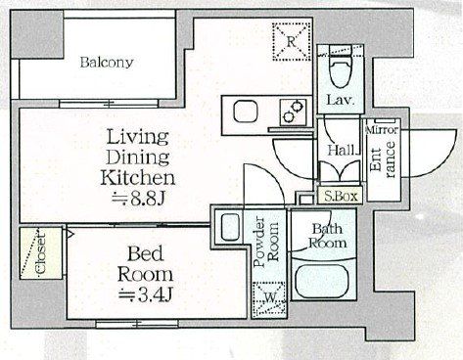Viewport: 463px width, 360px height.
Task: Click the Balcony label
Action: point(107,62)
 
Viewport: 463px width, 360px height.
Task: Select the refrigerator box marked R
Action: point(292,41)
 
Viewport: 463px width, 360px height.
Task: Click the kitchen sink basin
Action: point(246,112)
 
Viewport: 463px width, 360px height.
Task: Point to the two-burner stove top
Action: point(293,112)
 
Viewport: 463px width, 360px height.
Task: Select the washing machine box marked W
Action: point(269,297)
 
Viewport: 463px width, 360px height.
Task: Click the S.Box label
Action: point(341,197)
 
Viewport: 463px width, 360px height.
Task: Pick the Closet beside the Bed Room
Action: point(41,253)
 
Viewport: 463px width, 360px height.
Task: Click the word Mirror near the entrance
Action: point(382,130)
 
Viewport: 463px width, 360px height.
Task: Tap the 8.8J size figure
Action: point(138,198)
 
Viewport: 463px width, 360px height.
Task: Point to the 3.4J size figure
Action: point(145,294)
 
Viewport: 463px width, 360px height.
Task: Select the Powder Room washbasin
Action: point(230,227)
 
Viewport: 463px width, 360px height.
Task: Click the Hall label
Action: point(342,150)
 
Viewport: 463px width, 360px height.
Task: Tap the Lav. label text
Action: point(341,100)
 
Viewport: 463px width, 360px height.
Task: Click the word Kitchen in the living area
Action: point(138,178)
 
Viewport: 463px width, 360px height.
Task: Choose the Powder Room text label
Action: point(266,242)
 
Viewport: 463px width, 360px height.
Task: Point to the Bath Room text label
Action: point(327,236)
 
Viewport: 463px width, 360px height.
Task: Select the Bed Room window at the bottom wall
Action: point(137,324)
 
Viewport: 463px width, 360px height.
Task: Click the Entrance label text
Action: point(383,160)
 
